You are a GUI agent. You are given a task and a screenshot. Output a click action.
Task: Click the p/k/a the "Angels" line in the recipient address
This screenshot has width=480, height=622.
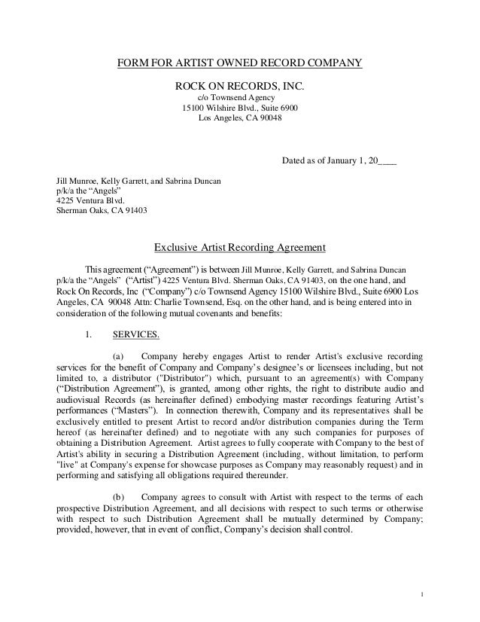tap(78, 191)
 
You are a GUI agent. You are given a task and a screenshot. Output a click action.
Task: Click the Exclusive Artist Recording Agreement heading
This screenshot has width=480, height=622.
tap(239, 247)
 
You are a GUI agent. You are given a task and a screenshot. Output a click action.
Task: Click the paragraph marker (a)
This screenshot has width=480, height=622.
tap(118, 355)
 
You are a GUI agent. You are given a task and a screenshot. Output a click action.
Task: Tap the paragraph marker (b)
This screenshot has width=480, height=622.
tap(118, 497)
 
